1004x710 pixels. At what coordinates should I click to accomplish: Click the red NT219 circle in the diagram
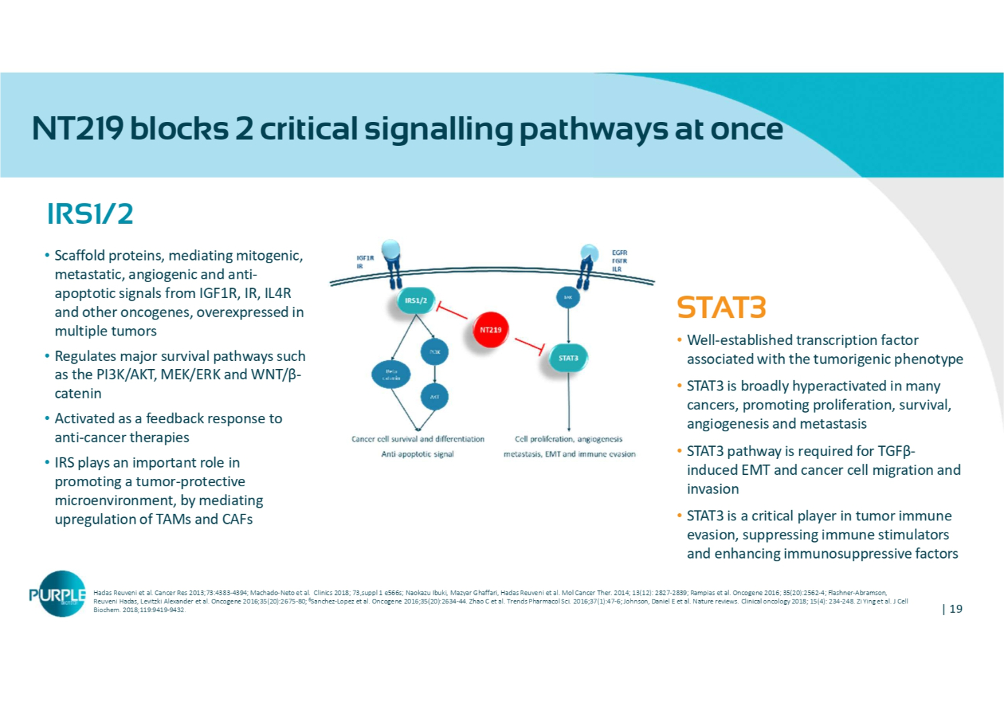point(491,330)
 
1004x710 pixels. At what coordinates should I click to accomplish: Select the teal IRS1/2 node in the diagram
point(416,301)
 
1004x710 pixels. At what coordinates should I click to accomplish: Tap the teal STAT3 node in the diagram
point(568,358)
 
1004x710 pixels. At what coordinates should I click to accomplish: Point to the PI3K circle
point(434,352)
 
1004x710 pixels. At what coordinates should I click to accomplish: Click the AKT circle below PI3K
point(434,397)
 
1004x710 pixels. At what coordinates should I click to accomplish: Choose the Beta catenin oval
point(391,374)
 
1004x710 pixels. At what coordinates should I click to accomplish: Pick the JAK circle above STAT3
point(568,297)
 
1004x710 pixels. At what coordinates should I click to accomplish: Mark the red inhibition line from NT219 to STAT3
point(529,346)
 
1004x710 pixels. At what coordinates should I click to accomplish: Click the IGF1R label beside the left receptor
point(365,258)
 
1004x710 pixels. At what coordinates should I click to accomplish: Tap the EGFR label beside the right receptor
point(620,253)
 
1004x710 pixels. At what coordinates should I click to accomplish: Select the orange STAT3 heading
point(721,308)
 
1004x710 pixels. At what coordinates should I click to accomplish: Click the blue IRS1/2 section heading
point(90,214)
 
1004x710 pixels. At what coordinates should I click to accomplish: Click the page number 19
point(956,609)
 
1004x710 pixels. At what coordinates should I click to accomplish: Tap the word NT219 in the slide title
point(77,129)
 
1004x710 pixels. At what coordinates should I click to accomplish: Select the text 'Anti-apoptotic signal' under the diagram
point(418,454)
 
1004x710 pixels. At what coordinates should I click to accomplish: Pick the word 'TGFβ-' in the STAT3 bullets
point(896,451)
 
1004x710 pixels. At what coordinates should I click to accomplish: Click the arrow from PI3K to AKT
point(434,374)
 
